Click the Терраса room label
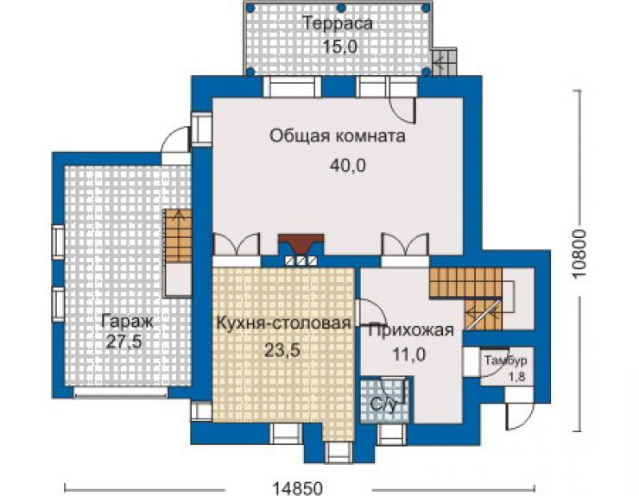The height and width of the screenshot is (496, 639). coord(338,22)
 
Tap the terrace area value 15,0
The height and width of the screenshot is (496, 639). coord(340,47)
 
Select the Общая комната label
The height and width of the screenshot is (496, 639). coord(338,135)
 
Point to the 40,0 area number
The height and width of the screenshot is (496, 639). coord(348,166)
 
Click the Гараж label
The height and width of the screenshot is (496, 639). coord(127,322)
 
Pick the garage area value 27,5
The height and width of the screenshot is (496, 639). coord(123,342)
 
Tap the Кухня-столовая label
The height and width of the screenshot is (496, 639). coord(283,323)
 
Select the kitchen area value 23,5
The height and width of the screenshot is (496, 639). coord(282,349)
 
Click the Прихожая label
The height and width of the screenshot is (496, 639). coord(411,330)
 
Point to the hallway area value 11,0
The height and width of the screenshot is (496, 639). coord(409,355)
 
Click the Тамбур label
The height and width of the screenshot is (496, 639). coord(506,361)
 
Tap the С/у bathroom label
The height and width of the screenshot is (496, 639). coord(383,405)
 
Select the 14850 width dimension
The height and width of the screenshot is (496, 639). coord(297,487)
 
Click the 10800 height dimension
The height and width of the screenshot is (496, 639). coord(579,254)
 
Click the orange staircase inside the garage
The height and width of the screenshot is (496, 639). coord(178,236)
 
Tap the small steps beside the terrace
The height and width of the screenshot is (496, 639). coord(445,61)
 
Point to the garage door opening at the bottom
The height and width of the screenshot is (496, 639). coord(121,392)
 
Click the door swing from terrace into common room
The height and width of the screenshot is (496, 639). coord(402,110)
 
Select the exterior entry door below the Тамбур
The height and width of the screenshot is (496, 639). coord(518,416)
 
